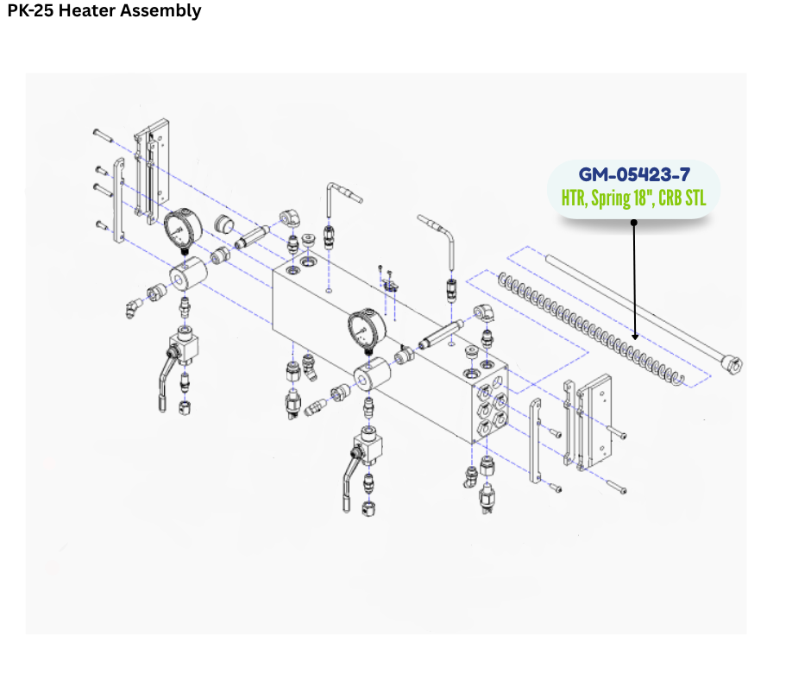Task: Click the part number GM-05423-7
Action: pos(634,174)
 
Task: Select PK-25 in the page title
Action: pos(30,10)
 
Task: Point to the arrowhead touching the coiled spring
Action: pos(635,337)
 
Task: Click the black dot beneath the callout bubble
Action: pos(634,223)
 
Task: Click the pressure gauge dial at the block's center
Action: pos(367,328)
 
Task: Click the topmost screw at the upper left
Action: pos(103,135)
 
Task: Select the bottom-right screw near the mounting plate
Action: pos(616,487)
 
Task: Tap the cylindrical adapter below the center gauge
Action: pos(371,374)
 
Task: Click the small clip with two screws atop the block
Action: pos(389,284)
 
